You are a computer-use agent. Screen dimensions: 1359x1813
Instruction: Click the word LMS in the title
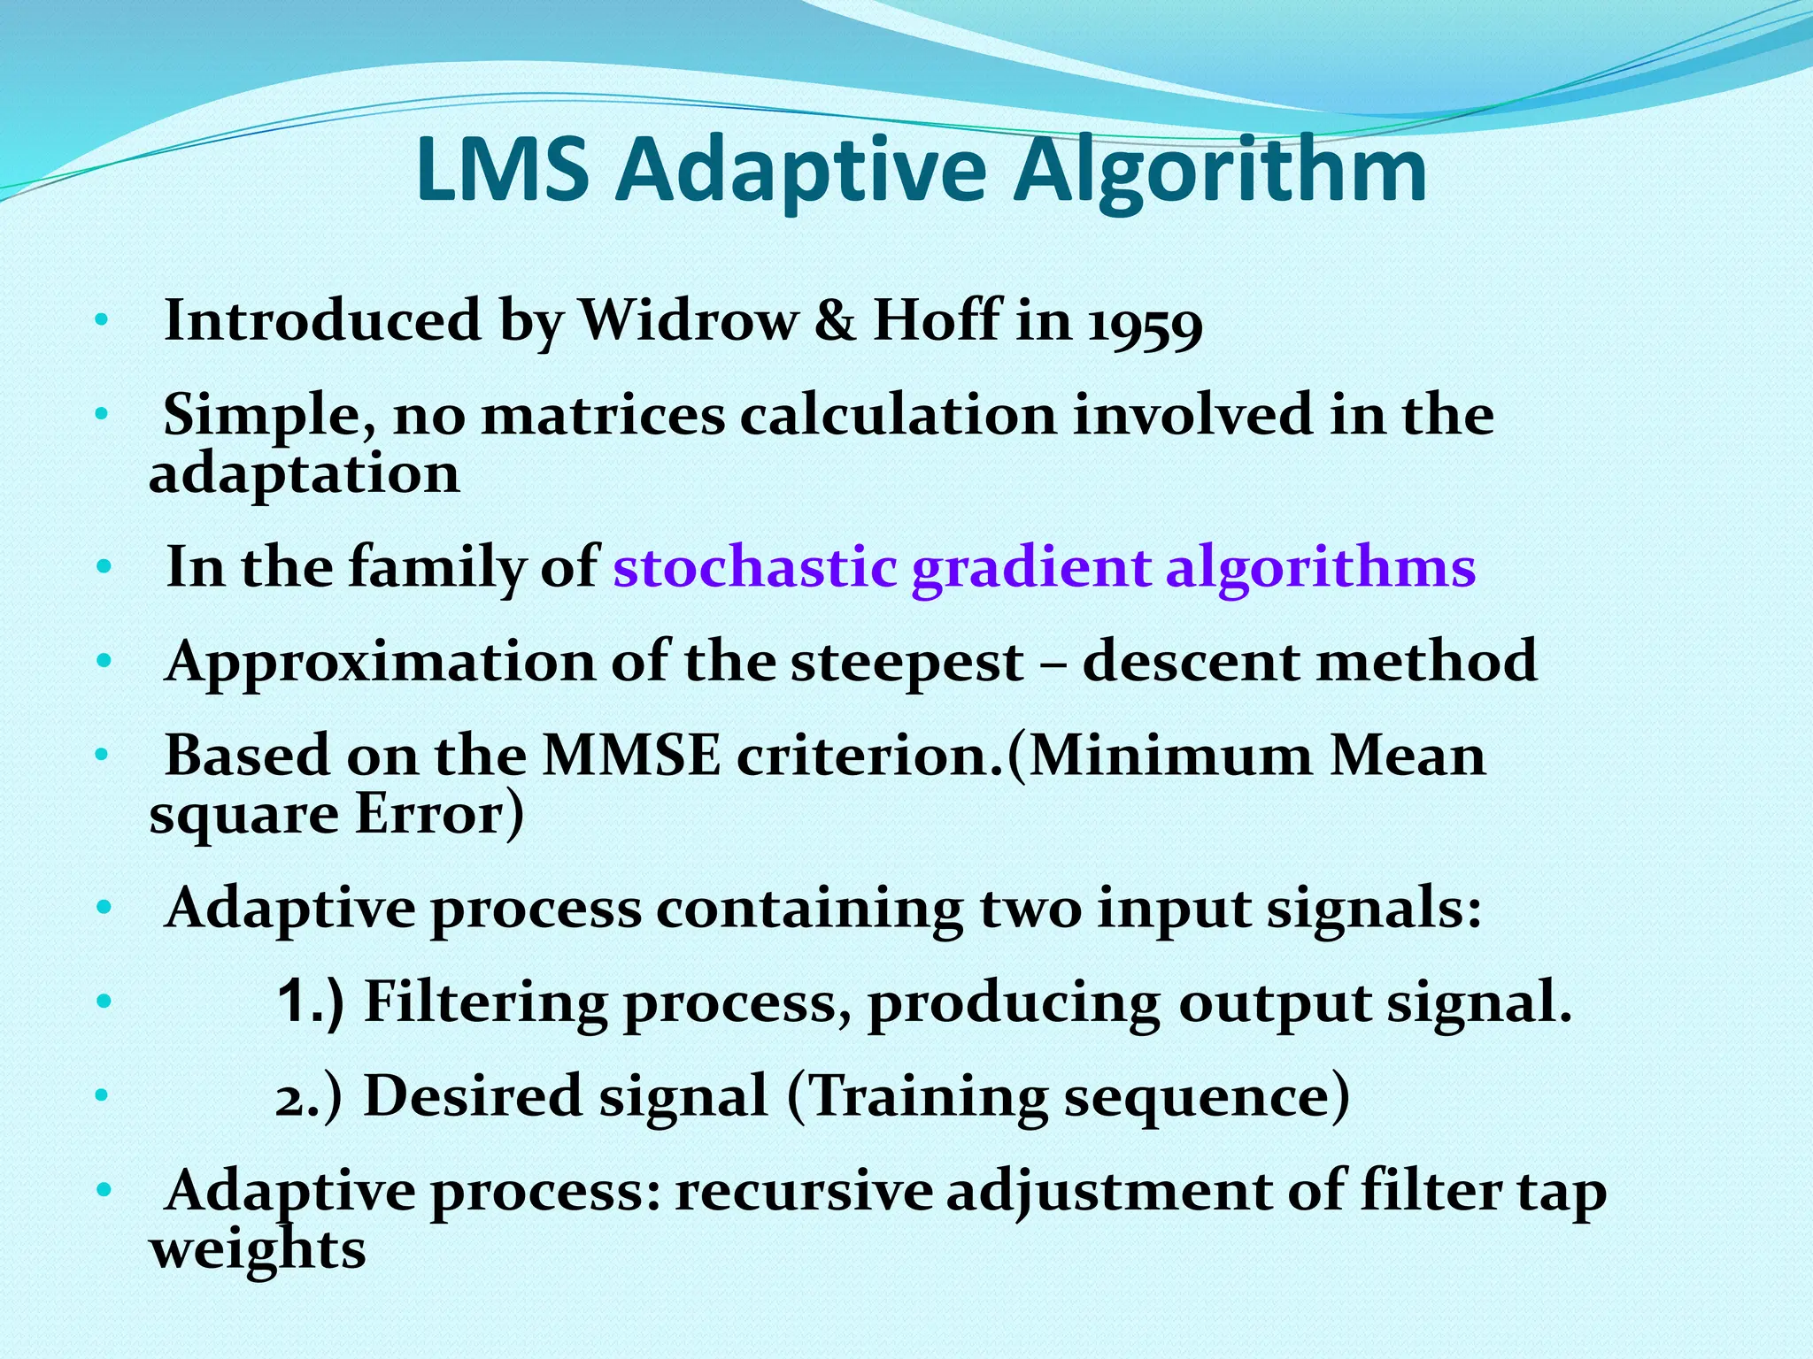click(502, 170)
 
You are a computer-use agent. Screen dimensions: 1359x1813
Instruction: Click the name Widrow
click(687, 319)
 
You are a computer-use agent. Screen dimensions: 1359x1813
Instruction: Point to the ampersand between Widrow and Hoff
click(835, 320)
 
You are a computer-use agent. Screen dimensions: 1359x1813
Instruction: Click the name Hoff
click(937, 319)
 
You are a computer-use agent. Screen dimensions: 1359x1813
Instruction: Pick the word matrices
click(603, 415)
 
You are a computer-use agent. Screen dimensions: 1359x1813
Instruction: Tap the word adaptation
click(304, 474)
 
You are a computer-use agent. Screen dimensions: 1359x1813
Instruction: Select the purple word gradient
click(1031, 569)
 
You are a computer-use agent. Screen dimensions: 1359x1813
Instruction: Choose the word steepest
click(906, 662)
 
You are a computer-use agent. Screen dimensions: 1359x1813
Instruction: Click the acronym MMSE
click(631, 756)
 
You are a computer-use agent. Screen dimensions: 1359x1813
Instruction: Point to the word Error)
click(439, 814)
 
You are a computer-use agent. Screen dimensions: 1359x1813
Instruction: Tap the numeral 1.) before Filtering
click(309, 1002)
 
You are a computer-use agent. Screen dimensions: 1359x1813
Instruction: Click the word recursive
click(803, 1192)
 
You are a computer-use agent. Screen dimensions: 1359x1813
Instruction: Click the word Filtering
click(485, 1002)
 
